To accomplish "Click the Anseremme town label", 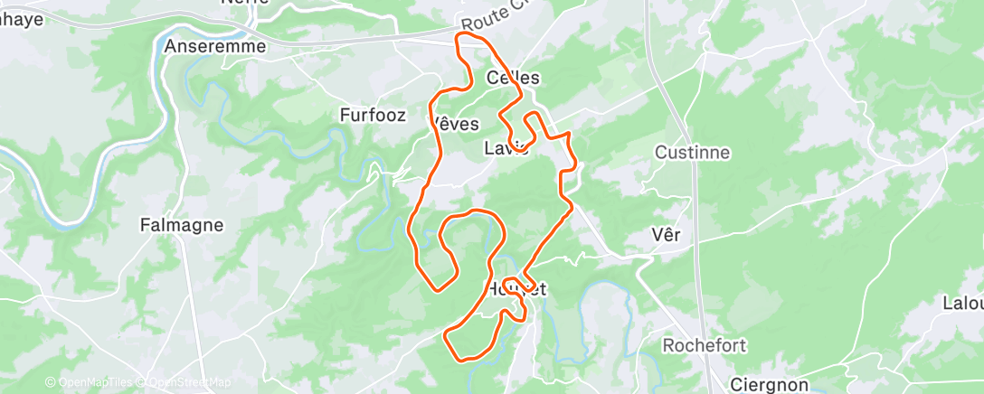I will (x=215, y=46).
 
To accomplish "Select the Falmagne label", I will (x=182, y=225).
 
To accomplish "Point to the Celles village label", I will (x=513, y=78).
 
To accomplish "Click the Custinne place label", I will (x=692, y=152).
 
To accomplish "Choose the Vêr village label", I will (x=666, y=235).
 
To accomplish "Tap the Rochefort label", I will (x=703, y=345).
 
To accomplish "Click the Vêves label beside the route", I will (x=455, y=124).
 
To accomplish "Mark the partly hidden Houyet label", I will (x=517, y=289).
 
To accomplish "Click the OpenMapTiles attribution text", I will (x=90, y=383).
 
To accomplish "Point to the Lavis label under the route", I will (x=506, y=148).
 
